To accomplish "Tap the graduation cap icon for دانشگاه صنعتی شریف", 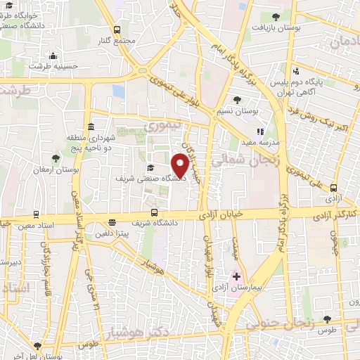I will click(x=150, y=167).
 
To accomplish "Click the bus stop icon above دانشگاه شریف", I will click(x=154, y=213).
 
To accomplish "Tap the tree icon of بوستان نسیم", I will click(x=236, y=100).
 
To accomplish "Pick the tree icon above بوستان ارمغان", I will click(x=56, y=159).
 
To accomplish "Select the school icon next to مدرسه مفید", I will click(x=260, y=131).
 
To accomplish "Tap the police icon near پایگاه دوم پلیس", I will click(x=296, y=70).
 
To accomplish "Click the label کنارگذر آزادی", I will click(x=332, y=211).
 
